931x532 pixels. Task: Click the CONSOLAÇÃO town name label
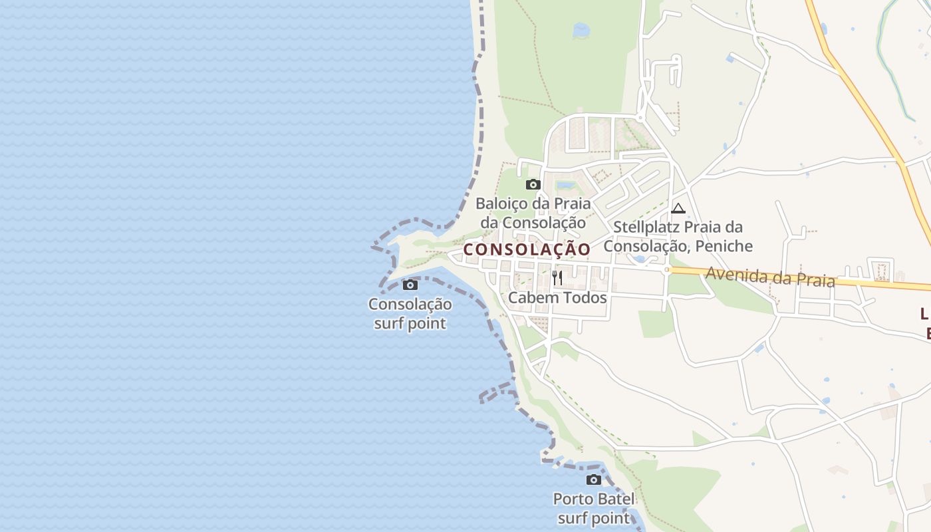point(527,249)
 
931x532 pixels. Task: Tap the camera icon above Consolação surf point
point(410,285)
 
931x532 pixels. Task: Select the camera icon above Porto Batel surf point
point(594,479)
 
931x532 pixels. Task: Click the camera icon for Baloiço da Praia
point(533,184)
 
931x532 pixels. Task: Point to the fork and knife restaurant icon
point(557,277)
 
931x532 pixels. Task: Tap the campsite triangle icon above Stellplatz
point(678,208)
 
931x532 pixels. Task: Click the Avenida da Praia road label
point(770,276)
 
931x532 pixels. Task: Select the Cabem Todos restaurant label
point(557,297)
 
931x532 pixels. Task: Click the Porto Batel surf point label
point(594,508)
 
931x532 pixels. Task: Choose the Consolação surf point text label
point(410,314)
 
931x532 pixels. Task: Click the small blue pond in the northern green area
point(581,30)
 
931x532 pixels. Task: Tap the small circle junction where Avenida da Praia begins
point(666,270)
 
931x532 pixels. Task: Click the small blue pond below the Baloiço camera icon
point(566,185)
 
